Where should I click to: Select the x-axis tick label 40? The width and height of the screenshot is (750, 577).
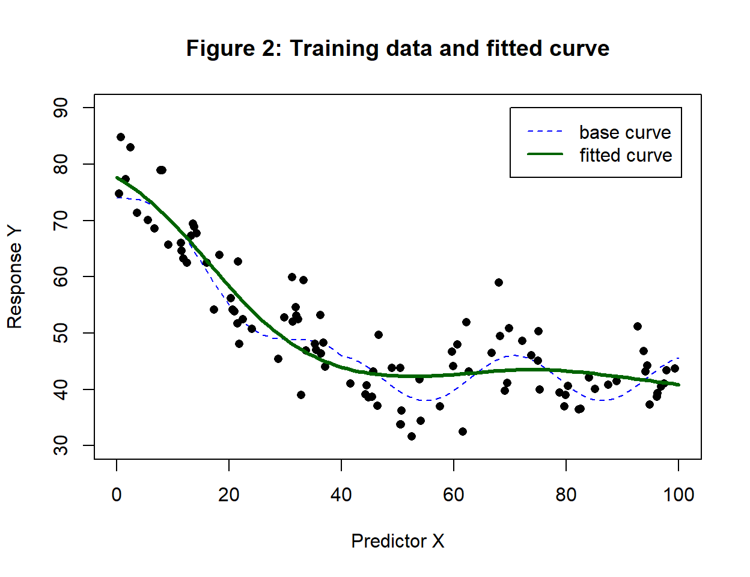[341, 495]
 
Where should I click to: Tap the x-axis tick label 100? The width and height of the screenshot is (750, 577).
[678, 495]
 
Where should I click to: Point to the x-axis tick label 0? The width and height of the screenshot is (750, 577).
[117, 495]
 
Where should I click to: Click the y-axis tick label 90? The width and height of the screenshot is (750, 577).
[61, 108]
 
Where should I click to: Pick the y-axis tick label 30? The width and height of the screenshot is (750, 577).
[61, 445]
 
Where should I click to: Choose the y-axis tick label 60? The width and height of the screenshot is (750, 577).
[61, 276]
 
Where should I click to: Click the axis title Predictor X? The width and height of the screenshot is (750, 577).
[397, 541]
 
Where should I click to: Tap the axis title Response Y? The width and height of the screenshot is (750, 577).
[14, 277]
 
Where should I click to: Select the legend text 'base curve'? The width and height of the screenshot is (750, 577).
[624, 132]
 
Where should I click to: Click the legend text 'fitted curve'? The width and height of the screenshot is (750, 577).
[626, 155]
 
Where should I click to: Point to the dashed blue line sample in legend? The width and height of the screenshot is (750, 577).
[545, 132]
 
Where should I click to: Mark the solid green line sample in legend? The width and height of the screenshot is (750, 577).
[545, 154]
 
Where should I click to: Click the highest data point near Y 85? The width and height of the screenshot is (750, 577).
[121, 137]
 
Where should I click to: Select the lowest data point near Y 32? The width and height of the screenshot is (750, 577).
[412, 436]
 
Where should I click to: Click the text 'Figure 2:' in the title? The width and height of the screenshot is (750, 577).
[234, 49]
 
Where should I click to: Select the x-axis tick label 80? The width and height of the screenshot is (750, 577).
[566, 495]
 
